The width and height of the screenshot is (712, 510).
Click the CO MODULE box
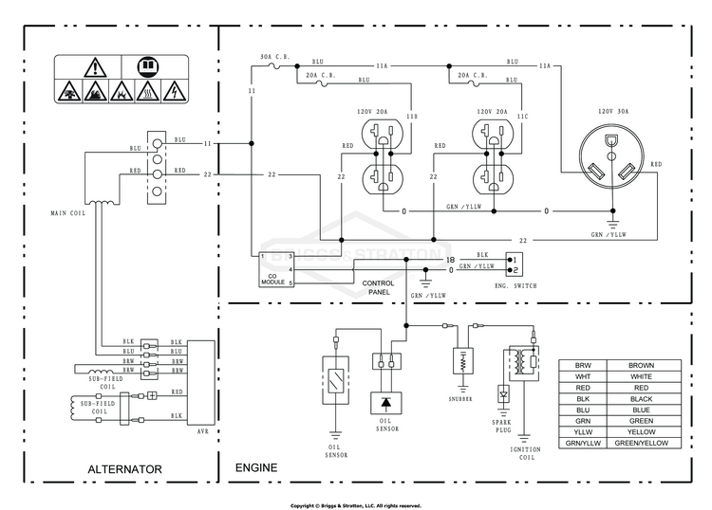(x=276, y=270)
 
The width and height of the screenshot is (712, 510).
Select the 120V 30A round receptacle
(x=611, y=156)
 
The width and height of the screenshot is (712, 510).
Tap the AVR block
(x=201, y=383)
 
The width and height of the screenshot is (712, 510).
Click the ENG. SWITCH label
(x=515, y=286)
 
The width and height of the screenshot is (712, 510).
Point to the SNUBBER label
(x=460, y=399)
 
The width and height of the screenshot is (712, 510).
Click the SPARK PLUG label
(x=502, y=427)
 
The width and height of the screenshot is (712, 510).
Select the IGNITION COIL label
(x=525, y=453)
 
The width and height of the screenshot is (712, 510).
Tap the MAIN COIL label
(x=67, y=213)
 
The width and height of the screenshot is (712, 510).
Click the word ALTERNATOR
(x=124, y=469)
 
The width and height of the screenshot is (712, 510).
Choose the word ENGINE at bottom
(x=256, y=467)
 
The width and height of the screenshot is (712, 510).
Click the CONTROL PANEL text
(x=378, y=287)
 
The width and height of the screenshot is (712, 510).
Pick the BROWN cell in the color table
(x=641, y=365)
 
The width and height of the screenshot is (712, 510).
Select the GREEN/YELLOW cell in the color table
(x=641, y=443)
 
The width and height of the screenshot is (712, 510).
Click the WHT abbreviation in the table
(x=583, y=376)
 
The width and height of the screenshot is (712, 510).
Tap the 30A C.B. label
(x=274, y=57)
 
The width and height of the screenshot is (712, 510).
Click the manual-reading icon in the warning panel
(x=148, y=66)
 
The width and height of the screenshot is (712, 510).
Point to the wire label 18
(x=450, y=260)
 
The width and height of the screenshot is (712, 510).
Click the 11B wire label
(x=411, y=117)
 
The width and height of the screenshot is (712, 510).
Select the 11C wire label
(x=522, y=117)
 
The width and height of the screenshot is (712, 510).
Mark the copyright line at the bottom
(x=356, y=505)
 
